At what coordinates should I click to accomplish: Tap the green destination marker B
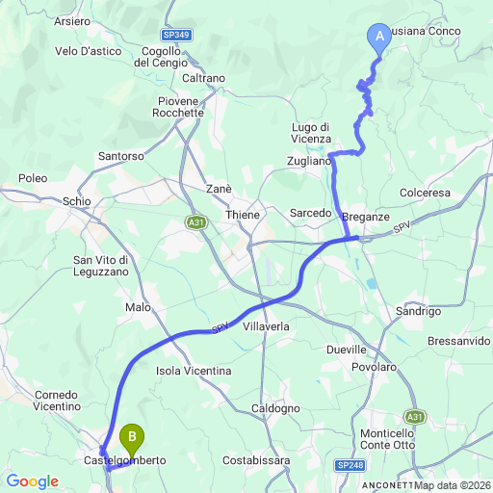pos(131,439)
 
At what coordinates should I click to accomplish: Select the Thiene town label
pos(243,215)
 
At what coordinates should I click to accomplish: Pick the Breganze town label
pos(366,217)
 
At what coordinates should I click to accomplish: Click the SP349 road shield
pos(176,35)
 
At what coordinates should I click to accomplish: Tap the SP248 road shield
pos(351,465)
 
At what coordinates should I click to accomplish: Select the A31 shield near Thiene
pos(196,222)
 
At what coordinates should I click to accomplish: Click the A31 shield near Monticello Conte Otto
pos(415,416)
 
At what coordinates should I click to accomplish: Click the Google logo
pos(32,480)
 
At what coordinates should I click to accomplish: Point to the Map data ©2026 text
pos(453,484)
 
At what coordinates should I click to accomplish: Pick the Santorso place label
pos(121,155)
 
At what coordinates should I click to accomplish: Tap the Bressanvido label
pos(459,342)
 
